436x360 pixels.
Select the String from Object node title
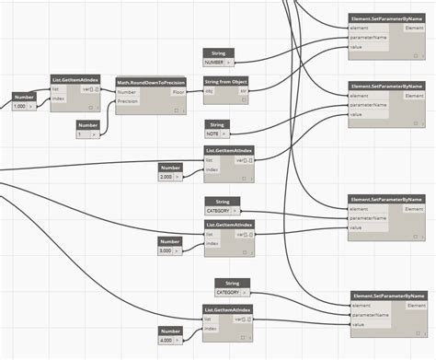[x=225, y=82]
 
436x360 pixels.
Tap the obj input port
[x=208, y=92]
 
